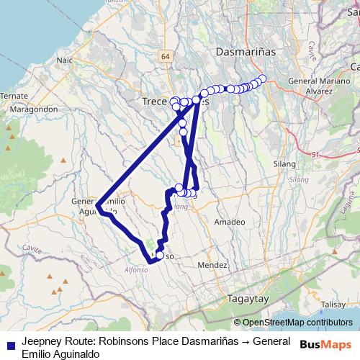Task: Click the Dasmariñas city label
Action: (x=241, y=53)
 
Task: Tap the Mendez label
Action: (x=212, y=265)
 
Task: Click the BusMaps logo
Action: (x=325, y=345)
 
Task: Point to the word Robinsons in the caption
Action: (x=120, y=341)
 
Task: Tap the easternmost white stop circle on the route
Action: (x=262, y=78)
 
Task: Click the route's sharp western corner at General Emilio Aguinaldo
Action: (x=96, y=206)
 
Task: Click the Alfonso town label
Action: (x=136, y=269)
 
